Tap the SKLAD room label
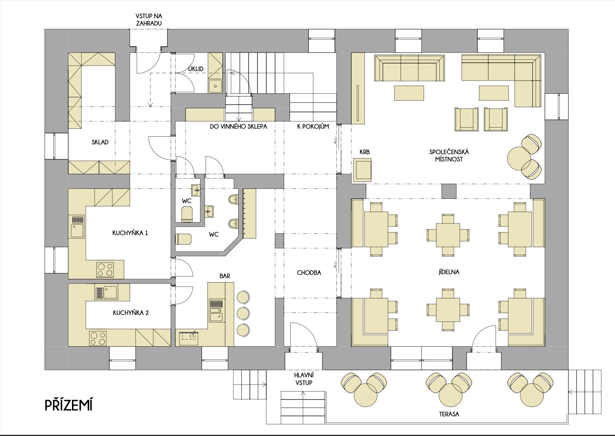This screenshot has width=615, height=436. [100, 142]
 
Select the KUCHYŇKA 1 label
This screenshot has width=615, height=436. [130, 233]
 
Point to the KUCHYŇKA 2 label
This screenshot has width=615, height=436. [131, 313]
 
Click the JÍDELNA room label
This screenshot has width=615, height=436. [449, 272]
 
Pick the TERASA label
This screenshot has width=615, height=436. [449, 414]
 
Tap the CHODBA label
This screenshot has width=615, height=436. [309, 272]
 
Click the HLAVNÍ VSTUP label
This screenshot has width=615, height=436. [304, 379]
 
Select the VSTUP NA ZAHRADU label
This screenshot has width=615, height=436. [149, 20]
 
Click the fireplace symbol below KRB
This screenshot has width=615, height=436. [362, 170]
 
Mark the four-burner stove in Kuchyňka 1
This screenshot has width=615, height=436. [105, 269]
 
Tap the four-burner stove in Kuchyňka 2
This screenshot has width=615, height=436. [98, 338]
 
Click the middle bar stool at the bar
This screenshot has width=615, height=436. [243, 313]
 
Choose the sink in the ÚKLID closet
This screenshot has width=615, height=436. [215, 86]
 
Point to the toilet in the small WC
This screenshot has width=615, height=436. [187, 214]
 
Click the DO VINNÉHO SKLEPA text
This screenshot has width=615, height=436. [238, 126]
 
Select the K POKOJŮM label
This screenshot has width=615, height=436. [313, 126]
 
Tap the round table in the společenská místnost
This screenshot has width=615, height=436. [519, 158]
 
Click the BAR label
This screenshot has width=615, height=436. [225, 276]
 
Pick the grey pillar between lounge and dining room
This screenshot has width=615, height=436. [449, 191]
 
